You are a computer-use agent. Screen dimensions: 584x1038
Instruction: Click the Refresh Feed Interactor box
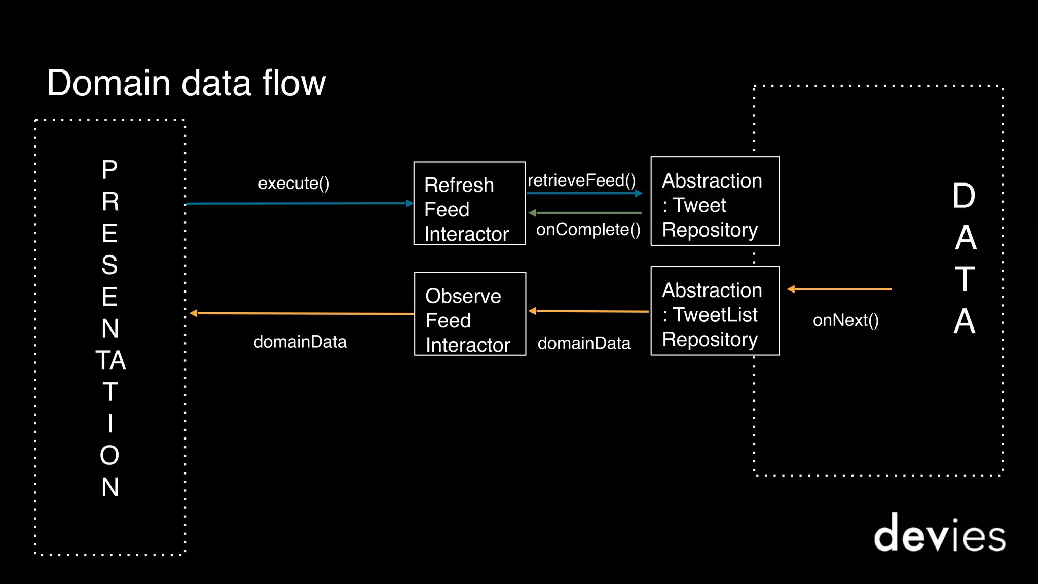tap(469, 203)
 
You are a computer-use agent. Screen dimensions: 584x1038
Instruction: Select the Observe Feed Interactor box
tap(470, 314)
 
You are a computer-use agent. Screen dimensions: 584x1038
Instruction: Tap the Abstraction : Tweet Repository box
tap(715, 201)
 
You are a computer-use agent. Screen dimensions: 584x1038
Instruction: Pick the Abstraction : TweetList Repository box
tap(715, 311)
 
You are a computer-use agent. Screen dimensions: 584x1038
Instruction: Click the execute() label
tap(294, 183)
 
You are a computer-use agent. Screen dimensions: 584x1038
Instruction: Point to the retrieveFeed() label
tap(581, 180)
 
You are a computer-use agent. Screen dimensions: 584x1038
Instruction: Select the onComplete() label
tap(588, 230)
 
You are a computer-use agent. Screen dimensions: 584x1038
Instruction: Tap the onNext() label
tap(845, 320)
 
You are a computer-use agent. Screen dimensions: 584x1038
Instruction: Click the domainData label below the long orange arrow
tap(300, 342)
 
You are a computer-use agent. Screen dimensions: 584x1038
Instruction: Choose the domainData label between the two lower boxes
tap(584, 343)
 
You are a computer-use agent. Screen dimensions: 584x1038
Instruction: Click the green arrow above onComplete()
tap(585, 213)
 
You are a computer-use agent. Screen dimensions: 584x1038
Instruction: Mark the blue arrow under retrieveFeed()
tap(584, 193)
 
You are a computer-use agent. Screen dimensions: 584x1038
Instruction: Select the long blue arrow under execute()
tap(299, 204)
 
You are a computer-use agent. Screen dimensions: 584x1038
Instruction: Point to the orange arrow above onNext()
tap(839, 289)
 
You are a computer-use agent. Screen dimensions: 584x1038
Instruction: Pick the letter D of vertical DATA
tap(963, 196)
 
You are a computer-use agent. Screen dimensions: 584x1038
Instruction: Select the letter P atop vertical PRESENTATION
tap(109, 170)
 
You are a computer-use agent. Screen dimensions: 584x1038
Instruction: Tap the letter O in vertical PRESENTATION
tap(109, 455)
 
